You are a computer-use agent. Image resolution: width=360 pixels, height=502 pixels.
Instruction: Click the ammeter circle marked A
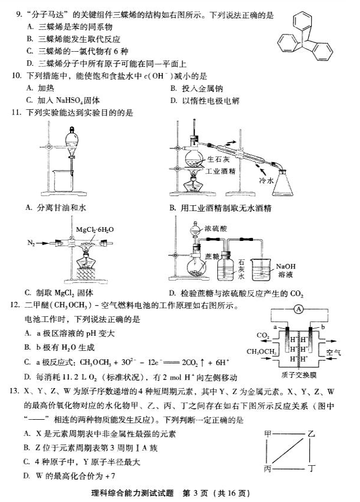coord(298,309)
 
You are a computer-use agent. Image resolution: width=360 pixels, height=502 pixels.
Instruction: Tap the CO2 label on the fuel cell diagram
coord(263,335)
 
